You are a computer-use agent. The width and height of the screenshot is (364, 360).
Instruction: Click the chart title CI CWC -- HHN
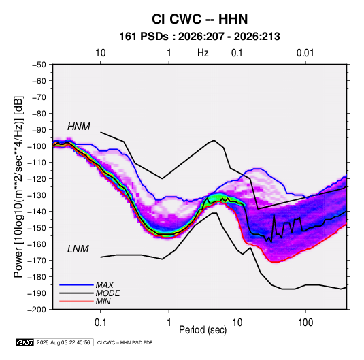[x=199, y=19]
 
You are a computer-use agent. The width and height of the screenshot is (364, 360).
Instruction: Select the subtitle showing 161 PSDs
[x=199, y=37]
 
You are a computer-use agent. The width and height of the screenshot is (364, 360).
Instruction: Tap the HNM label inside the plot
[x=79, y=127]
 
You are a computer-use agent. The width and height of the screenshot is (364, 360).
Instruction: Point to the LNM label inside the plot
[x=78, y=249]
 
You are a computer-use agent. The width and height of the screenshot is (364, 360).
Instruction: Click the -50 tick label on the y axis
[x=39, y=65]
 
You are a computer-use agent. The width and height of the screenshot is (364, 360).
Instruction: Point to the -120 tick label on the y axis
[x=37, y=179]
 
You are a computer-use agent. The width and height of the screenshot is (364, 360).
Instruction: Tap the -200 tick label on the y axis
[x=37, y=310]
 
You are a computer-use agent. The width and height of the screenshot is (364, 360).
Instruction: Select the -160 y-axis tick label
[x=37, y=244]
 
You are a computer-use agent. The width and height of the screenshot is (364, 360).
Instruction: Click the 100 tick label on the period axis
[x=305, y=323]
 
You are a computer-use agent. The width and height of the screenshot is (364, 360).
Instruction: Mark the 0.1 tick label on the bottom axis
[x=100, y=323]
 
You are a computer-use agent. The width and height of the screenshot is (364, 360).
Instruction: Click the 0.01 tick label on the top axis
[x=305, y=53]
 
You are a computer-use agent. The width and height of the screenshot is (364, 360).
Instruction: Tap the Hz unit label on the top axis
[x=203, y=53]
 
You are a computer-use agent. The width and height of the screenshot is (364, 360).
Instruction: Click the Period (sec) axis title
[x=203, y=330]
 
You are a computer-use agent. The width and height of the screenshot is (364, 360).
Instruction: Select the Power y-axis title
[x=18, y=187]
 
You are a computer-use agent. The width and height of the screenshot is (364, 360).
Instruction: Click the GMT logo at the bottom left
[x=24, y=342]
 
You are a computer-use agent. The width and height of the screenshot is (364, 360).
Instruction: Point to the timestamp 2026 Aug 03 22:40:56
[x=63, y=342]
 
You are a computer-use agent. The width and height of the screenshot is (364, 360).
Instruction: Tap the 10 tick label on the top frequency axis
[x=101, y=53]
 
